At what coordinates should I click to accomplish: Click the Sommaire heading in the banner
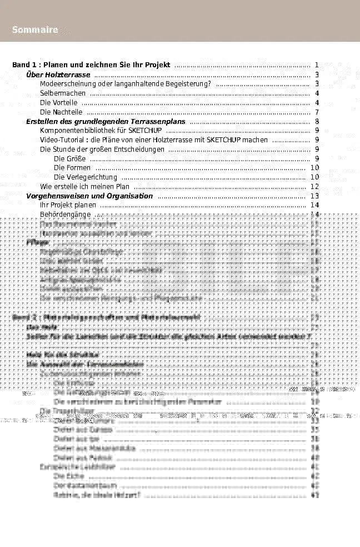(35, 30)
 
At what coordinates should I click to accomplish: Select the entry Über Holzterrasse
(58, 74)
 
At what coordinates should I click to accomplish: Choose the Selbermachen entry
(63, 93)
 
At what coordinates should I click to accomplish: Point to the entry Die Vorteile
(59, 103)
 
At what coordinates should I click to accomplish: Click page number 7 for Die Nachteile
(316, 112)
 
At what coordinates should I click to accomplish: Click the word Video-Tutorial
(60, 140)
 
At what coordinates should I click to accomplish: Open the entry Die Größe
(70, 159)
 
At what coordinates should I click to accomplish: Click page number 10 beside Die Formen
(314, 168)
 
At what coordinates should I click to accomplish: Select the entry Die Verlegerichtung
(86, 177)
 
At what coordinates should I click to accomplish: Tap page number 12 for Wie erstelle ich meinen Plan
(314, 187)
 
